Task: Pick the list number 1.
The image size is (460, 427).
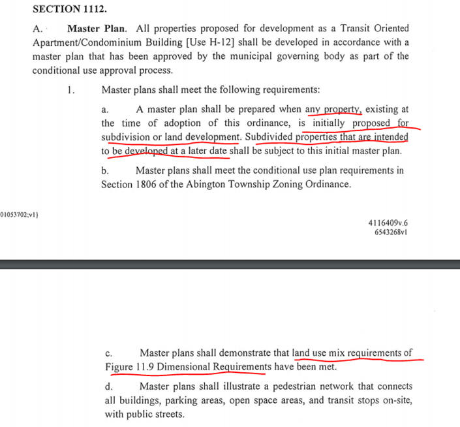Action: pyautogui.click(x=70, y=89)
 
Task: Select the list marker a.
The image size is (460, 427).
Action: pyautogui.click(x=105, y=110)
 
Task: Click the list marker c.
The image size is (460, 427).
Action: pyautogui.click(x=108, y=353)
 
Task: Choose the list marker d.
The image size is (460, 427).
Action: pyautogui.click(x=108, y=387)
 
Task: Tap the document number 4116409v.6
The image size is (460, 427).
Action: pyautogui.click(x=388, y=222)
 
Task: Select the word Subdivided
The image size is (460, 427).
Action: pyautogui.click(x=269, y=137)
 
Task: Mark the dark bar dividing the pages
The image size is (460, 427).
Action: pyautogui.click(x=230, y=264)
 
